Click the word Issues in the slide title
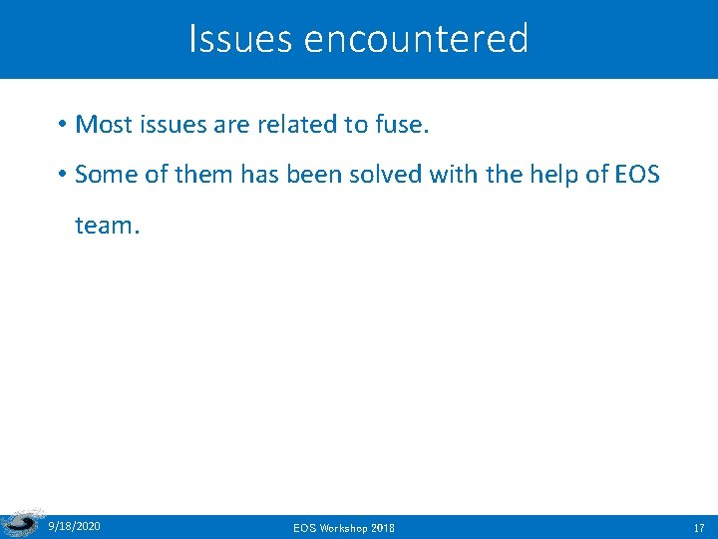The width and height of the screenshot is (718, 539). point(240,39)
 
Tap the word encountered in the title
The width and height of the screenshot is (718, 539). point(416,39)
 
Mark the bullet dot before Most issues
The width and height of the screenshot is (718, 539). point(62,125)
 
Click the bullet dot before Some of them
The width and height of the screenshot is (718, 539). point(62,175)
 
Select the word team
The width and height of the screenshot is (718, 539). point(108,226)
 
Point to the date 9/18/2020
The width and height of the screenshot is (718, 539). point(74,525)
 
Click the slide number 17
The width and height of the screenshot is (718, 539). point(699,526)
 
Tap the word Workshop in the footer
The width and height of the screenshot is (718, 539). point(344,526)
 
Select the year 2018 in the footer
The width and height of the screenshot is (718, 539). point(383,526)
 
